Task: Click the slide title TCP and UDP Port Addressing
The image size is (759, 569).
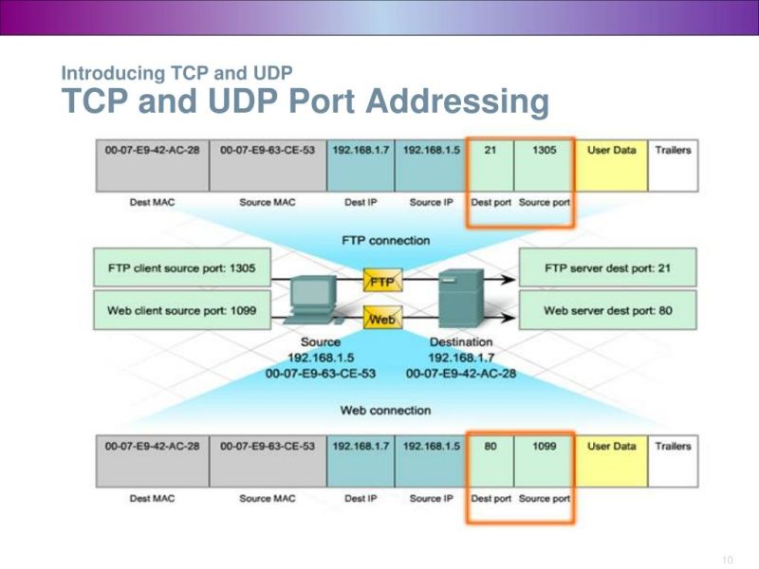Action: pyautogui.click(x=305, y=101)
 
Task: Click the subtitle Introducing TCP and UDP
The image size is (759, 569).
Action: pyautogui.click(x=176, y=72)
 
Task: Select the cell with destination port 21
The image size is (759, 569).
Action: pyautogui.click(x=491, y=151)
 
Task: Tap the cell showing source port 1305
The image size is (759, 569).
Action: pyautogui.click(x=544, y=151)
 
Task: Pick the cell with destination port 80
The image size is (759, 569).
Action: pyautogui.click(x=491, y=447)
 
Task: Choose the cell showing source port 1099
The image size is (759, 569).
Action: pyautogui.click(x=544, y=447)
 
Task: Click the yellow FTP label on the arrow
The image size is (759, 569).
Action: pyautogui.click(x=381, y=282)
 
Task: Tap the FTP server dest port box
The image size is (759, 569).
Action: pyautogui.click(x=608, y=268)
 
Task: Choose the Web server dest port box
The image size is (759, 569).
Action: pyautogui.click(x=608, y=310)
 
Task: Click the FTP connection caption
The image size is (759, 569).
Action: pyautogui.click(x=385, y=240)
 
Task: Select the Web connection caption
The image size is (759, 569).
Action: pyautogui.click(x=385, y=411)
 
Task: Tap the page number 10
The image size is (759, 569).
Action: pyautogui.click(x=728, y=560)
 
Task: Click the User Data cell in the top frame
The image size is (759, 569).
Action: pyautogui.click(x=612, y=151)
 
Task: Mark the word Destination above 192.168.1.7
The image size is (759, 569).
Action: pyautogui.click(x=461, y=341)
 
